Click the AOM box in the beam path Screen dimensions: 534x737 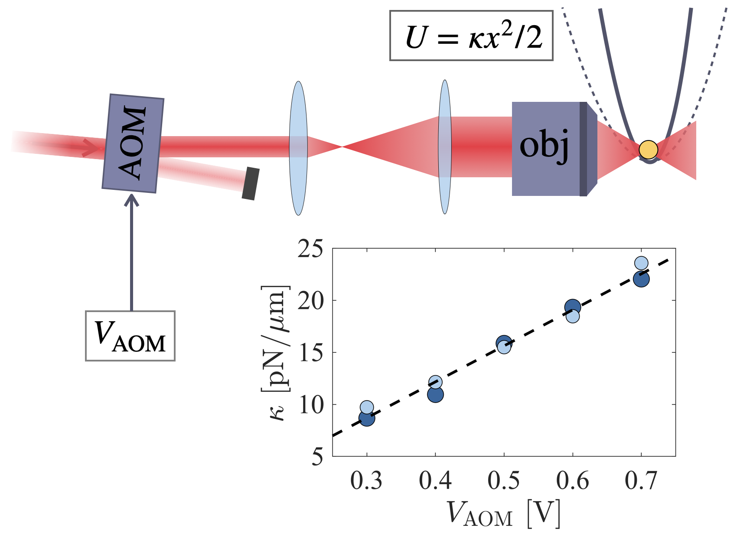[x=133, y=143]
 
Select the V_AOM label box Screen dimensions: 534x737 [x=130, y=336]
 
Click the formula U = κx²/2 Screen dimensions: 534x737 [x=471, y=36]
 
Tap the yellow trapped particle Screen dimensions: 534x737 [x=648, y=150]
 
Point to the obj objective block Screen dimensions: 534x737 [x=546, y=149]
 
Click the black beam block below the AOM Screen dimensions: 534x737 [x=251, y=183]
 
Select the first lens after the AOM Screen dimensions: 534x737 [x=298, y=148]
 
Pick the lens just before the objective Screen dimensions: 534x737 [x=445, y=147]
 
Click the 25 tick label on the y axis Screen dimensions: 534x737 [x=310, y=250]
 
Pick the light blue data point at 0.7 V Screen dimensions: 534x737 [x=641, y=263]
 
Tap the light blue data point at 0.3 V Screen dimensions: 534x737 [x=367, y=407]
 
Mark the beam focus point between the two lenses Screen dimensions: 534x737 [x=342, y=147]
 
